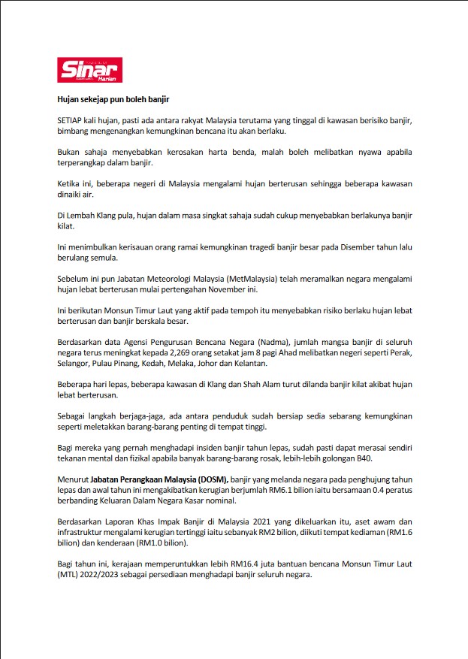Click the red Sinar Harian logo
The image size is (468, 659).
point(90,71)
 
